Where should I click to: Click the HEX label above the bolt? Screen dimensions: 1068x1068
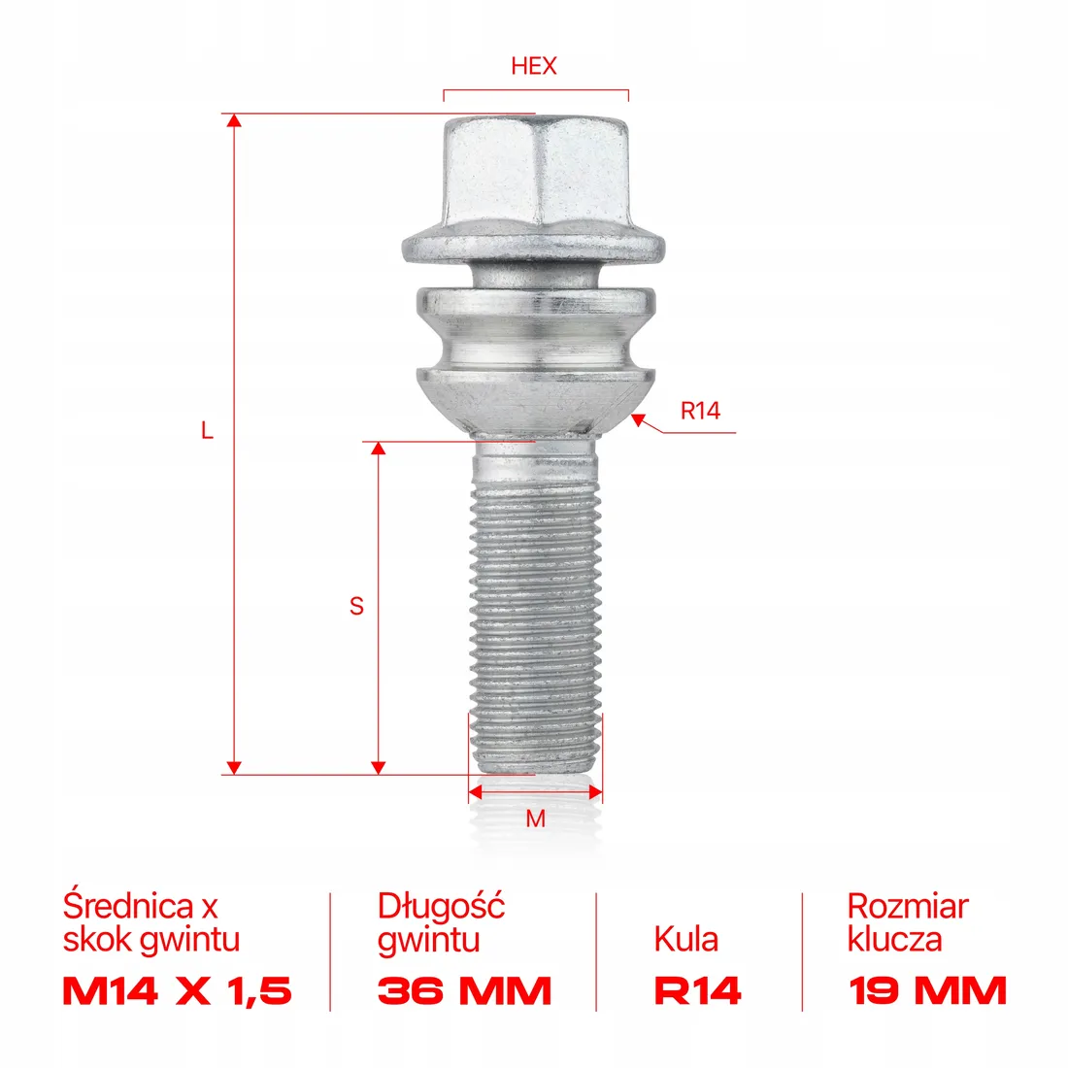coord(534,66)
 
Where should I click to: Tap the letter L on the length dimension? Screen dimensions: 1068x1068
coord(207,430)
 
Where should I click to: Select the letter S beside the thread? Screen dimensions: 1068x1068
coord(356,606)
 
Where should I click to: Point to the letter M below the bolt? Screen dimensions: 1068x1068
coord(535,819)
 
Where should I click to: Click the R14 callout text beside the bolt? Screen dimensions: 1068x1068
coord(700,411)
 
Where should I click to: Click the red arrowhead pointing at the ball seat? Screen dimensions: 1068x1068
coord(638,419)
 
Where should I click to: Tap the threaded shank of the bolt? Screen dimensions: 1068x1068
coord(535,621)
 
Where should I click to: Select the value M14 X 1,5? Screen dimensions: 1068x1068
coord(177,991)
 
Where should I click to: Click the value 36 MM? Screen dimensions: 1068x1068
coord(464,991)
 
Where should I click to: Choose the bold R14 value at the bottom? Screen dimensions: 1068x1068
coord(697,991)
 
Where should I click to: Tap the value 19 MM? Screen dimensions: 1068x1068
coord(927,991)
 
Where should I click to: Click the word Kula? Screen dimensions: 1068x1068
coord(686,939)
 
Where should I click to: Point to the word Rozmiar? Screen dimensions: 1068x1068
coord(908,906)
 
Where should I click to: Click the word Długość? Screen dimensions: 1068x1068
coord(441,906)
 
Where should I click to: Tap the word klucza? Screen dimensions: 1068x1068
coord(894,940)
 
